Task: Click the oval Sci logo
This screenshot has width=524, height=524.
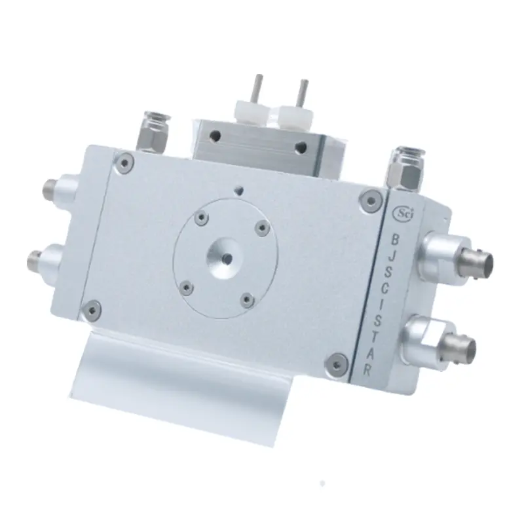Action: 403,213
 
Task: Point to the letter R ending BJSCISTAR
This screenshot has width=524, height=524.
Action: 367,371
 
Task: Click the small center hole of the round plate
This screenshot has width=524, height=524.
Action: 228,258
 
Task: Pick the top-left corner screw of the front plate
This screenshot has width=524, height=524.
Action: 124,163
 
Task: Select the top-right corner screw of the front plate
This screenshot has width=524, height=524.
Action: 371,200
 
